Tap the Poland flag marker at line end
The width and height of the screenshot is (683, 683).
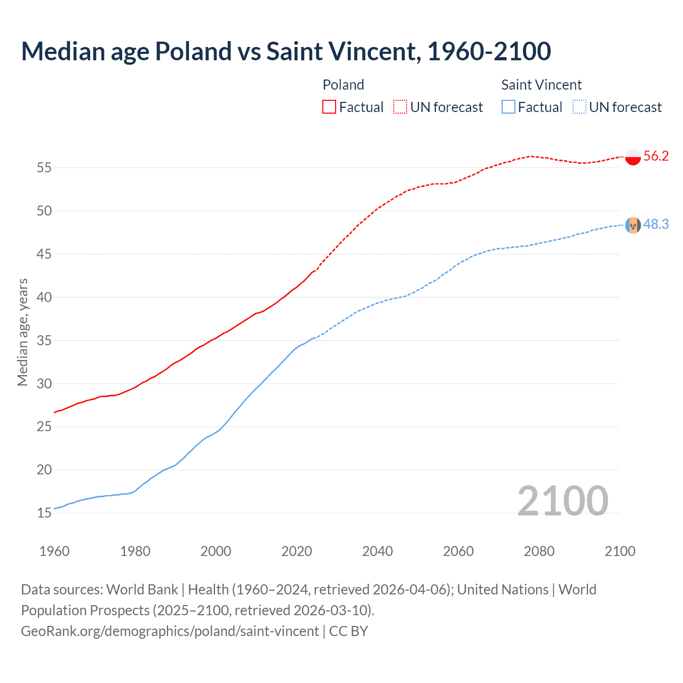click(x=633, y=157)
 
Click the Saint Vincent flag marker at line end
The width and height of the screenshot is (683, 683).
click(x=633, y=225)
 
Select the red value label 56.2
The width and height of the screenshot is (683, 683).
click(x=656, y=156)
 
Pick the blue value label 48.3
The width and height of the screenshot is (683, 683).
click(x=656, y=225)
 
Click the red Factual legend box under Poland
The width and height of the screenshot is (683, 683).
click(x=329, y=107)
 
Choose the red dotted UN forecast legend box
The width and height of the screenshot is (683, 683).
click(x=400, y=107)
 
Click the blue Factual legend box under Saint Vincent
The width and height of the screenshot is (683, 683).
click(x=509, y=107)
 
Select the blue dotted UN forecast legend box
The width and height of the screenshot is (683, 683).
click(x=579, y=107)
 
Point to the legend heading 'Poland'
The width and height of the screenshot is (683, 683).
click(x=343, y=85)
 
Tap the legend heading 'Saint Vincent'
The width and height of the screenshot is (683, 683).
click(x=541, y=85)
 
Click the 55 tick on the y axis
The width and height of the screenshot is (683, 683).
click(x=44, y=168)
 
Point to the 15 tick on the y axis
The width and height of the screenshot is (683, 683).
click(x=44, y=513)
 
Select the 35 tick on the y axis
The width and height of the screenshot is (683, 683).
click(x=44, y=340)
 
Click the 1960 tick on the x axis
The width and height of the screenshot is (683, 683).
click(x=54, y=551)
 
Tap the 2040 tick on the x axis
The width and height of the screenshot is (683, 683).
click(x=377, y=551)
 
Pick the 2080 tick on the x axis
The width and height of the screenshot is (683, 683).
click(x=539, y=551)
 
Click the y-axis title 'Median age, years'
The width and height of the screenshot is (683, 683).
click(x=22, y=332)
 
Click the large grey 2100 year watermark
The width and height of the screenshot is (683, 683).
click(x=562, y=501)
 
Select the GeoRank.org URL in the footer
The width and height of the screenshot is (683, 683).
click(x=170, y=631)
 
